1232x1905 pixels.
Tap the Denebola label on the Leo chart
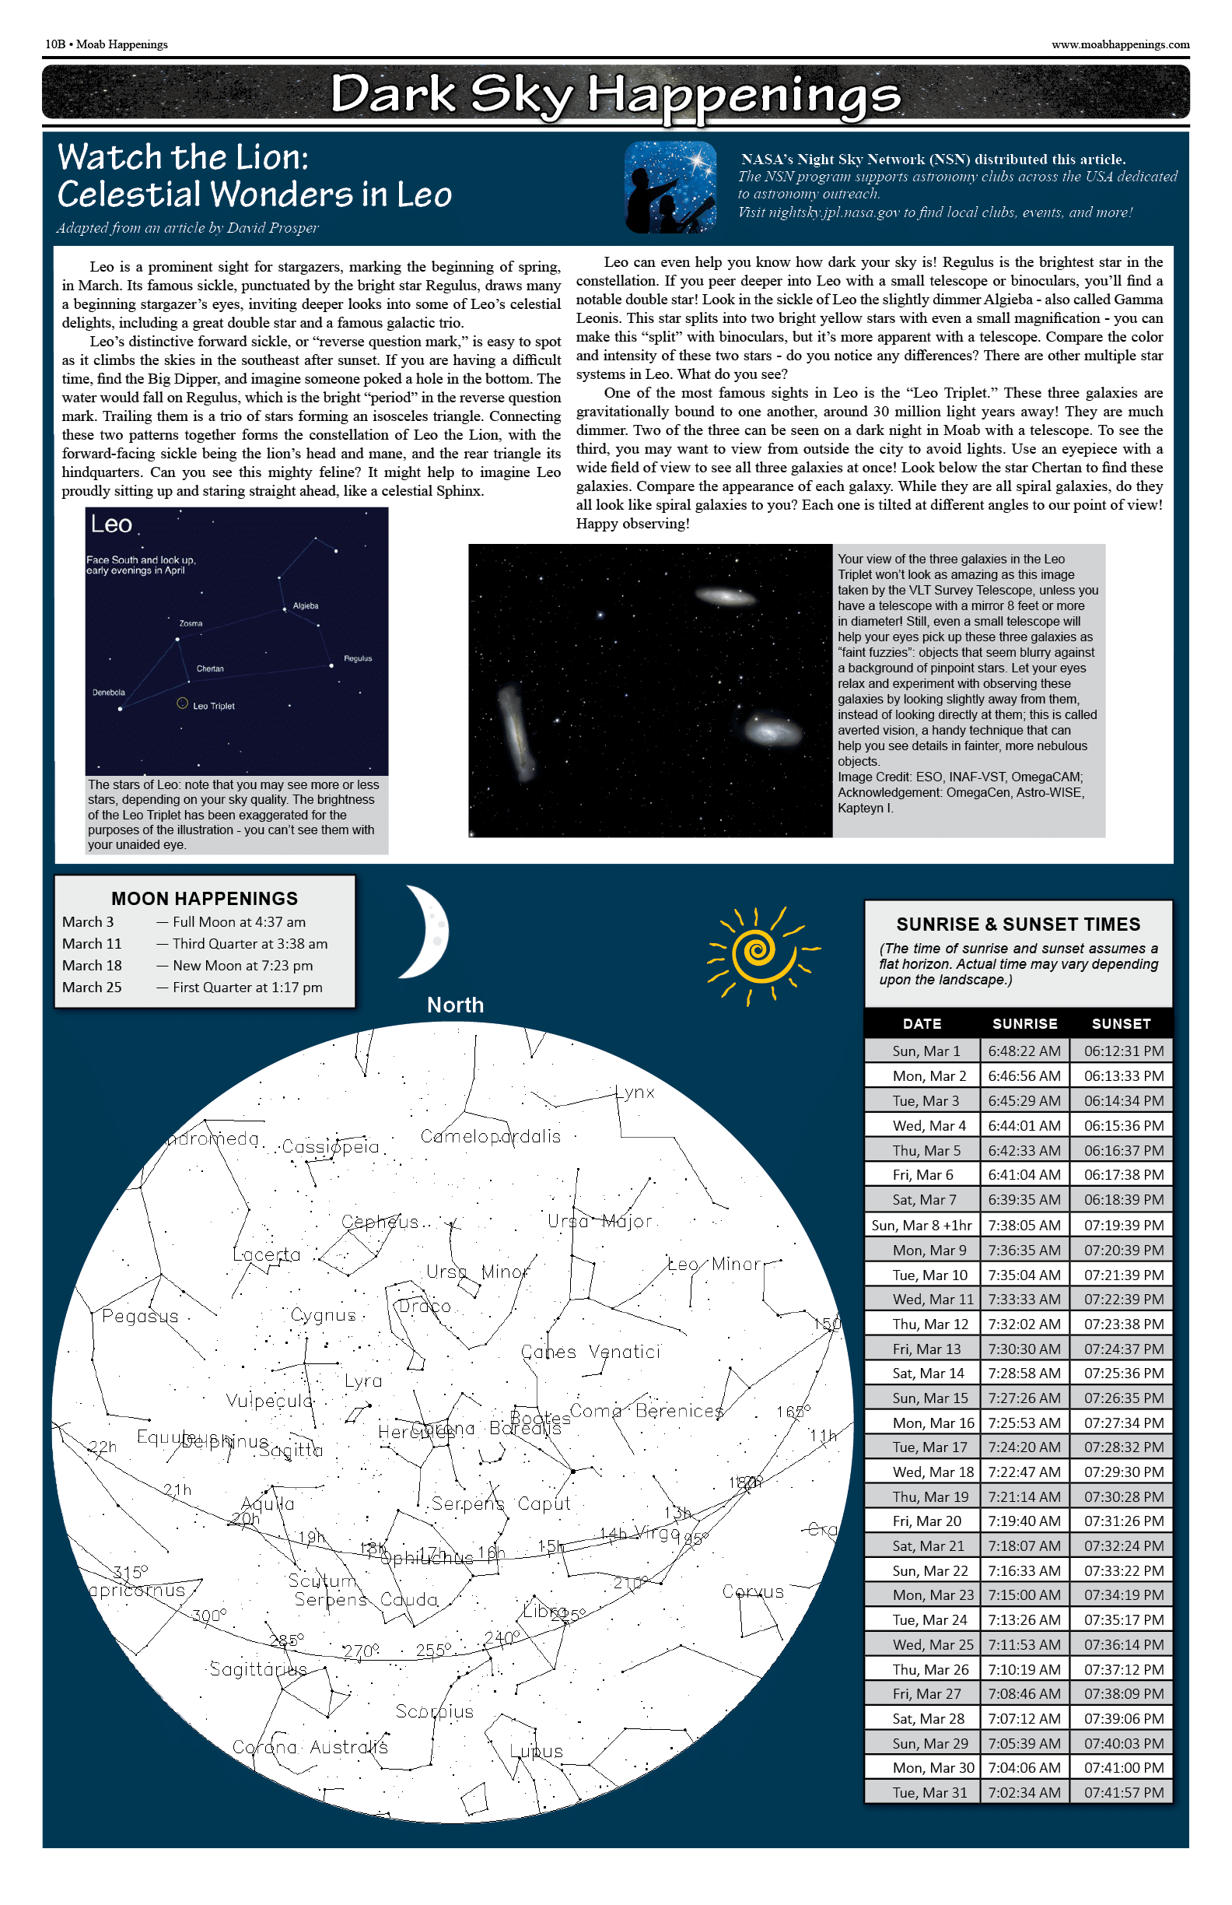(x=108, y=693)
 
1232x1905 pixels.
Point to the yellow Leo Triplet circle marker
(x=183, y=703)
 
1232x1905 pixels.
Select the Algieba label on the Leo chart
(x=306, y=606)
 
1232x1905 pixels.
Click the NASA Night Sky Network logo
(x=670, y=187)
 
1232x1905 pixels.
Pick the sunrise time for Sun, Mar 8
(x=1024, y=1225)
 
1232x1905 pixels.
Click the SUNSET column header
(x=1121, y=1024)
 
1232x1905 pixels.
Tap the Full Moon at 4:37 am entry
(x=240, y=922)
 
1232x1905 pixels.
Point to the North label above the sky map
(x=455, y=1005)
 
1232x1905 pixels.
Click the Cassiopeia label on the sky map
(x=331, y=1147)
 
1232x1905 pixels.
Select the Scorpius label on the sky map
(x=435, y=1711)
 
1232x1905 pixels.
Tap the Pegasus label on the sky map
(x=140, y=1316)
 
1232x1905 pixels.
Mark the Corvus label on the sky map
(x=753, y=1591)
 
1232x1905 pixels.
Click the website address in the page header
(x=1119, y=45)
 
